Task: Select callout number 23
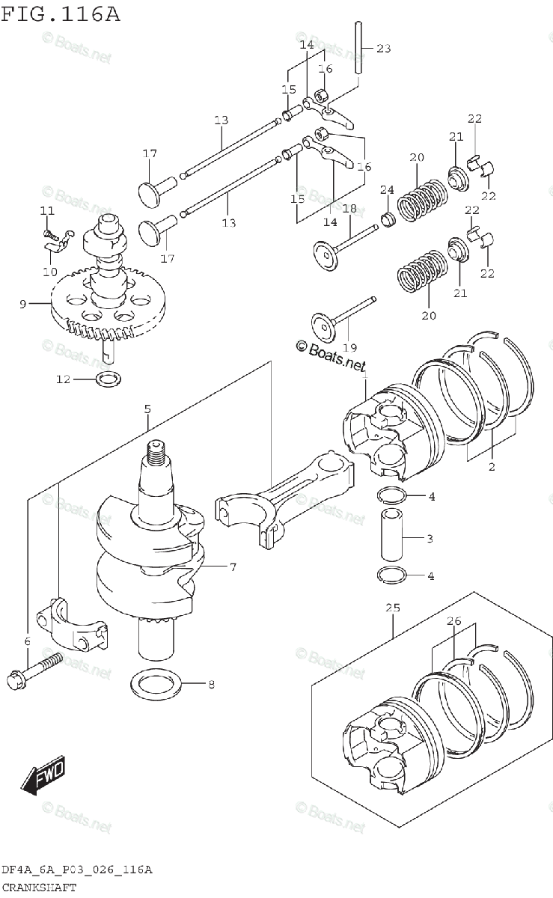click(383, 49)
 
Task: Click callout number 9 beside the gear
click(23, 304)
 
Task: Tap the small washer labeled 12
click(108, 379)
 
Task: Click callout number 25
click(394, 608)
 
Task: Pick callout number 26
click(453, 621)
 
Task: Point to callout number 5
click(147, 409)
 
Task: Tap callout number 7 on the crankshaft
click(233, 567)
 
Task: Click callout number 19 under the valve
click(349, 347)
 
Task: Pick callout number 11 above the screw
click(47, 211)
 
